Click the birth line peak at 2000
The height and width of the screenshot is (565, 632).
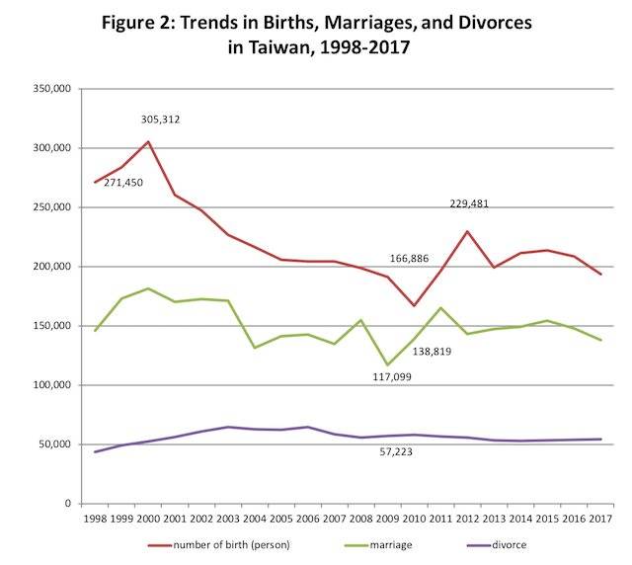(x=148, y=141)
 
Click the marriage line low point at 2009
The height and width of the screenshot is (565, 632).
(x=387, y=365)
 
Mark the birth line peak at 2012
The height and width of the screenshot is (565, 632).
(x=467, y=231)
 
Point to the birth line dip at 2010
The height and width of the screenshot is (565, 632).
(x=414, y=305)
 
